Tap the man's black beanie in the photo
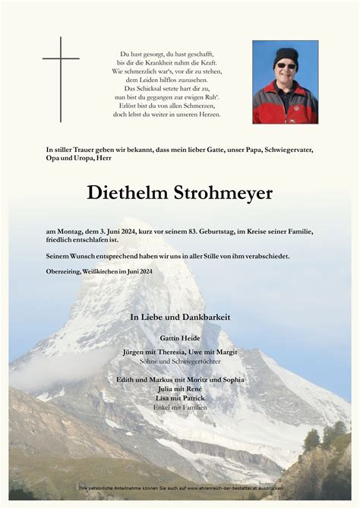(286, 55)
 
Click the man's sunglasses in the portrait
(286, 66)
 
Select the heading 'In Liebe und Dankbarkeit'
(180, 316)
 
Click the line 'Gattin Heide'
(180, 337)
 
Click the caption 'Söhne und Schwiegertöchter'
(180, 362)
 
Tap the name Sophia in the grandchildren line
(228, 378)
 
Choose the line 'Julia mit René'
(180, 388)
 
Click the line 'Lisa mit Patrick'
(180, 398)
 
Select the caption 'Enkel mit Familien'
(180, 408)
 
